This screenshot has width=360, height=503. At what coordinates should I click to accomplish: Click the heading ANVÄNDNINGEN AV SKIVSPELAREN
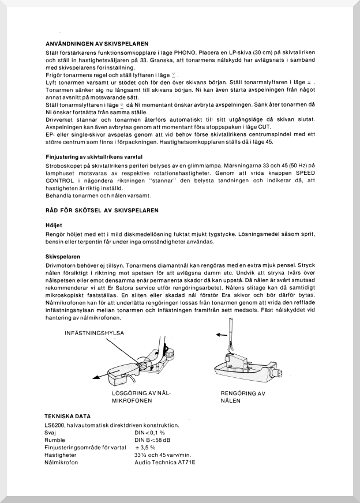[97, 43]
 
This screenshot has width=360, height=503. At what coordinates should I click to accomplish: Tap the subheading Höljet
[54, 225]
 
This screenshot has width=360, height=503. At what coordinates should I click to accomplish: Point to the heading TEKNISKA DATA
[67, 416]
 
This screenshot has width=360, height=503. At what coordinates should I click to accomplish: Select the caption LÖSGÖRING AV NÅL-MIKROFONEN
[142, 396]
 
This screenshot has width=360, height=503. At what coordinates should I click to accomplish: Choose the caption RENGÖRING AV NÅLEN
[243, 396]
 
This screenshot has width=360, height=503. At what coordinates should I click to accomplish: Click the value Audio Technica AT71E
[165, 462]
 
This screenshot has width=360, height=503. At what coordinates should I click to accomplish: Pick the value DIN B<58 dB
[152, 440]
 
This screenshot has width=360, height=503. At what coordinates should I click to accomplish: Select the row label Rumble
[55, 440]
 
